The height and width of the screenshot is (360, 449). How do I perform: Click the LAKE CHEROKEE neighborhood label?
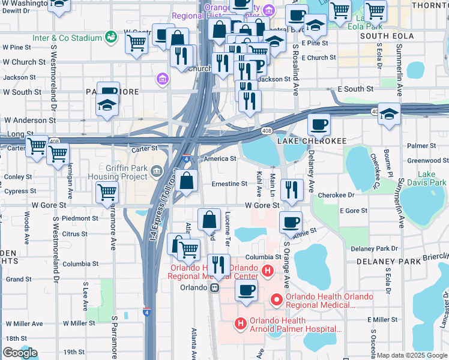point(312,140)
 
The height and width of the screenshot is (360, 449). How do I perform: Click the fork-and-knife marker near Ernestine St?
point(292,188)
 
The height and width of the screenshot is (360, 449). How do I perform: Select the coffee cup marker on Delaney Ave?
point(319,124)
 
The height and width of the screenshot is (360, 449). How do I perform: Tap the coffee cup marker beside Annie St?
point(291,221)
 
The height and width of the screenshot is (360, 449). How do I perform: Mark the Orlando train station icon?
point(214,287)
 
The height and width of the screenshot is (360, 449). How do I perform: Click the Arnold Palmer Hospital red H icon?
point(241,324)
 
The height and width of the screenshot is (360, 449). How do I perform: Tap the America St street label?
point(220,159)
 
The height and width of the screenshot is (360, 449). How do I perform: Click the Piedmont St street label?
point(76,218)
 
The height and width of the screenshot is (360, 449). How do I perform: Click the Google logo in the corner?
point(20,353)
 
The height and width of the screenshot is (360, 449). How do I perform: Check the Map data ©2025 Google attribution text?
point(411,355)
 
